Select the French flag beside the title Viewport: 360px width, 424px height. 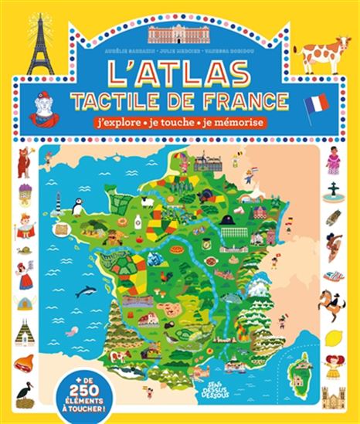[x=317, y=103]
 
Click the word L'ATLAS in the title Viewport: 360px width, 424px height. [x=179, y=73]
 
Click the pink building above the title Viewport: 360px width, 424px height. [x=179, y=34]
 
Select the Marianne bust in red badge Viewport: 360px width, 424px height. [x=44, y=108]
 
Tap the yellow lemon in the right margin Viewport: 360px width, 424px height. [x=334, y=337]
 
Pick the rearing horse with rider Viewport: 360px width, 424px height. [x=332, y=303]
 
